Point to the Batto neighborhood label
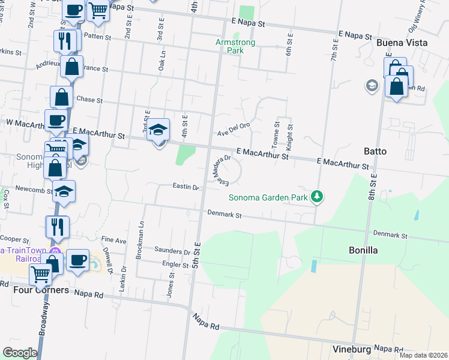coord(375,151)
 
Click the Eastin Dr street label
coord(185,187)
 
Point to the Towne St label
coord(277,136)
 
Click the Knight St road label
coord(289,137)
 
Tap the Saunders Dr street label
coord(172,251)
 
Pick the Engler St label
coord(175,264)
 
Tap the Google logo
coord(20,353)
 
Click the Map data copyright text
coord(424,355)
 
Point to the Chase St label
coord(90,100)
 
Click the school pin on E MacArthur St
coord(158,131)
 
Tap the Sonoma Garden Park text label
coord(268,197)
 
